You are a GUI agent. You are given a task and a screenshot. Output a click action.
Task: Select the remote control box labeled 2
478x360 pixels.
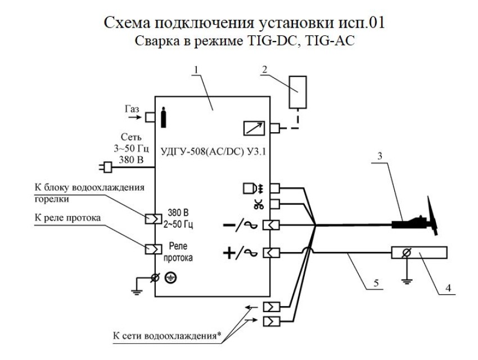tap(298, 92)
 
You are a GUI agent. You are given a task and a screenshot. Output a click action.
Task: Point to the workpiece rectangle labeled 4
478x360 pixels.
tap(418, 254)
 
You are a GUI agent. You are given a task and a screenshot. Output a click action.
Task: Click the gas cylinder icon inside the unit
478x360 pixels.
tap(164, 118)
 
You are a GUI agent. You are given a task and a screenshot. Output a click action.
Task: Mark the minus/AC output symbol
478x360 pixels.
tap(237, 224)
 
